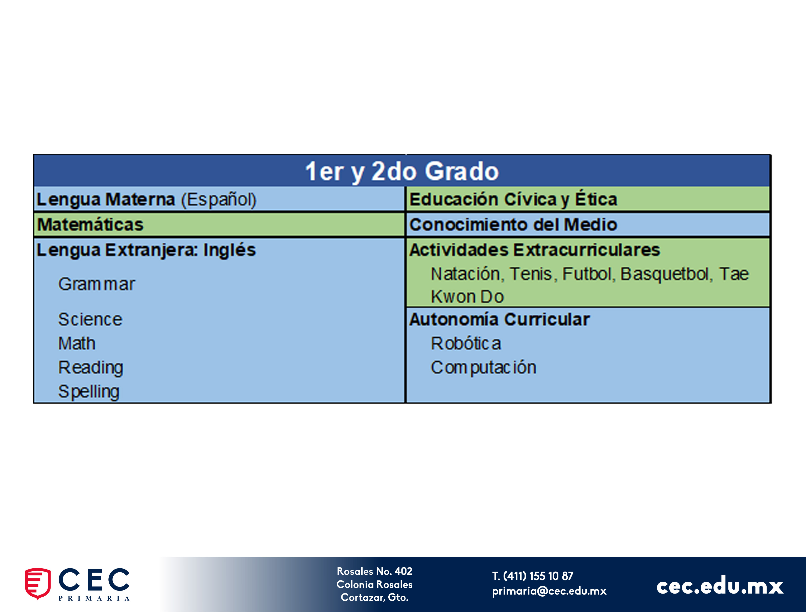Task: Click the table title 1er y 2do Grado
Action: click(x=402, y=171)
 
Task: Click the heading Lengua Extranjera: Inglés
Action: click(x=146, y=250)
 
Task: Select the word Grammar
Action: click(x=97, y=284)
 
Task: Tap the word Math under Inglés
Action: click(x=77, y=343)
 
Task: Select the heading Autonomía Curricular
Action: click(x=500, y=319)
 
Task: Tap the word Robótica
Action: click(x=466, y=343)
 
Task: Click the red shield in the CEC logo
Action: click(x=38, y=583)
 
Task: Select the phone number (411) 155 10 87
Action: click(x=538, y=576)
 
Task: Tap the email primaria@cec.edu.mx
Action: click(x=549, y=591)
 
